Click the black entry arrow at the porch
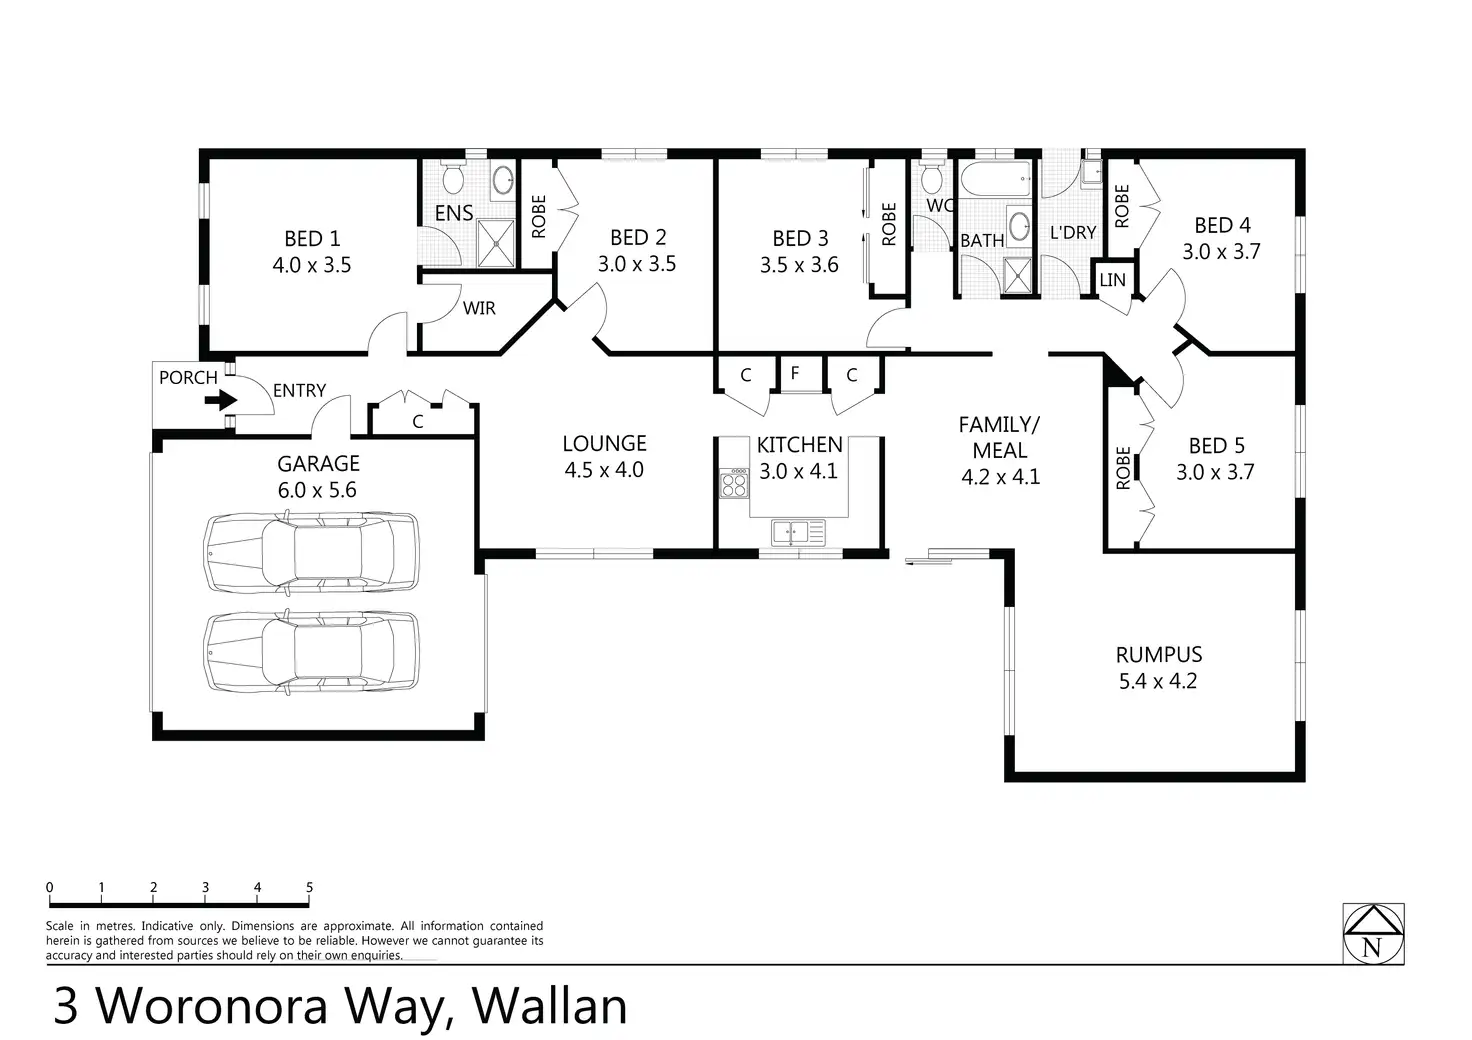[x=221, y=399]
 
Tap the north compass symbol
[x=1373, y=934]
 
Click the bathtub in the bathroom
[x=995, y=179]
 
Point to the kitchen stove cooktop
[x=734, y=484]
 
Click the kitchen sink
[x=798, y=532]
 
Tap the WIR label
[x=479, y=308]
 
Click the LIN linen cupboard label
[x=1113, y=281]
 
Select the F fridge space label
[x=795, y=373]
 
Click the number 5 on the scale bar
[x=310, y=887]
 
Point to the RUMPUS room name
[x=1159, y=655]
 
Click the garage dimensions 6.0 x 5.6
[x=317, y=490]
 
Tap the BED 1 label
[x=312, y=238]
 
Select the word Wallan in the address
[x=549, y=1006]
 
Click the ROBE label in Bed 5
[x=1123, y=468]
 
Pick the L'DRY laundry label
[x=1073, y=233]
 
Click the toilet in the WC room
[x=931, y=176]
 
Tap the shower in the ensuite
[x=496, y=244]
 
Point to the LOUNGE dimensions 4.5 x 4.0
[x=604, y=470]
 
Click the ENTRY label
[x=300, y=391]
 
